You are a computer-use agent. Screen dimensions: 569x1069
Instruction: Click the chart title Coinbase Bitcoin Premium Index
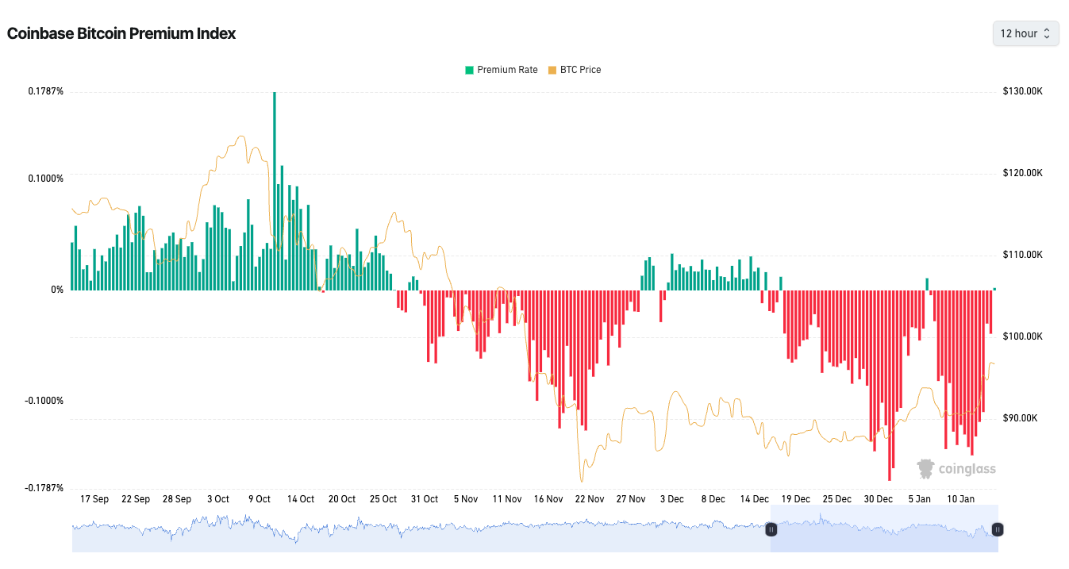(121, 33)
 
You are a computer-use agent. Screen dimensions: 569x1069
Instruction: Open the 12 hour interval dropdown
(1025, 33)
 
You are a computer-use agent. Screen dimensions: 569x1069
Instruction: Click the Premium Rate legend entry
(502, 70)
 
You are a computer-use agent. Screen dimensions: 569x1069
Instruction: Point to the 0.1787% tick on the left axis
(45, 91)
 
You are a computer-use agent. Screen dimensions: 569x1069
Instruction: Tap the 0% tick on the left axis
(57, 290)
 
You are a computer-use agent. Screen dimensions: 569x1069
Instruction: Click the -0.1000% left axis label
(44, 401)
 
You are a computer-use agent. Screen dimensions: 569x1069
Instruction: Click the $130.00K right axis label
(1023, 91)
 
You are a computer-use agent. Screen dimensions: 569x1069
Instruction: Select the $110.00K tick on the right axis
(1023, 255)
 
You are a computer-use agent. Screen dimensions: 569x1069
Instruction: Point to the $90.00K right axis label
(1021, 418)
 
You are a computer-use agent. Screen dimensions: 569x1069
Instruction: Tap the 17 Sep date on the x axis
(94, 499)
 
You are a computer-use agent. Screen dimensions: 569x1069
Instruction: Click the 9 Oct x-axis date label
(259, 499)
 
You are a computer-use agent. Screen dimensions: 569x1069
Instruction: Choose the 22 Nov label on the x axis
(590, 499)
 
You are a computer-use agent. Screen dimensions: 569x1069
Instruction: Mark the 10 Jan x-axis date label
(961, 499)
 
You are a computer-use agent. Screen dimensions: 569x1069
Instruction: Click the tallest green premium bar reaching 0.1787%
(275, 190)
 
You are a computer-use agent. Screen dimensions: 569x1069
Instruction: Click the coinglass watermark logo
(956, 469)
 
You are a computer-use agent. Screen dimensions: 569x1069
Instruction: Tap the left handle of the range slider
(771, 529)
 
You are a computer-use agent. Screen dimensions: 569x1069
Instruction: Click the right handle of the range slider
(998, 529)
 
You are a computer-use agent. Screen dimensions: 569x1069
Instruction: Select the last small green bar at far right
(994, 289)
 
